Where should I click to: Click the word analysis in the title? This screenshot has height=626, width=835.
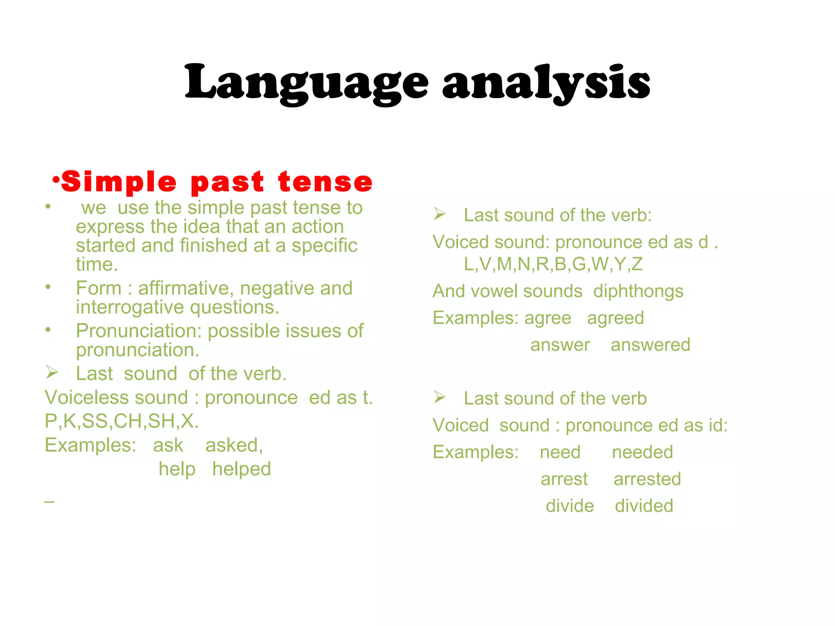click(546, 83)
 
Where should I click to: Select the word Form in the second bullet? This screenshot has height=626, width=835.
click(99, 289)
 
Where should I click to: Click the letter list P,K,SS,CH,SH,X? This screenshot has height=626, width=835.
click(121, 421)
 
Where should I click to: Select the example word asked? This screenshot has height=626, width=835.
click(234, 445)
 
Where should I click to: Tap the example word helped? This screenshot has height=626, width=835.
click(241, 469)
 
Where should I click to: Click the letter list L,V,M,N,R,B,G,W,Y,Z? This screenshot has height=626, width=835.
click(553, 265)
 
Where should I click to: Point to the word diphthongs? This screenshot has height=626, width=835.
click(638, 292)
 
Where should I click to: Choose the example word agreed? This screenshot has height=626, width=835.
click(615, 318)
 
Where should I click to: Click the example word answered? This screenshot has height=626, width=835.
click(650, 345)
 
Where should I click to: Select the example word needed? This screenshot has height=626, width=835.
click(642, 452)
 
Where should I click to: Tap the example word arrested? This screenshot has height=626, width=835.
click(647, 479)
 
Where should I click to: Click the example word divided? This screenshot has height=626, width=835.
click(644, 506)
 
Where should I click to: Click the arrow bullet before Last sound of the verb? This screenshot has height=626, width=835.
click(440, 214)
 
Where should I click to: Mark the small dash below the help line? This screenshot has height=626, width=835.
click(49, 501)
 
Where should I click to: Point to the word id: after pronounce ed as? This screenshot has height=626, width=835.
click(718, 425)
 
